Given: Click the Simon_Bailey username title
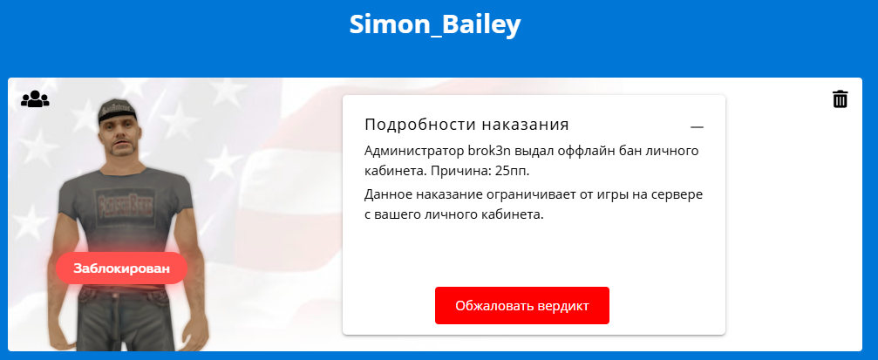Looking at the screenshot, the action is (435, 25).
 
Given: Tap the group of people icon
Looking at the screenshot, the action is (35, 99).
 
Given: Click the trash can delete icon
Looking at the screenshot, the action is (840, 98).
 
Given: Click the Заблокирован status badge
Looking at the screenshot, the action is (121, 268).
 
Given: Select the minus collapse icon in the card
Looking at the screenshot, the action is (697, 127).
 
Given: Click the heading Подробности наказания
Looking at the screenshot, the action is (466, 125).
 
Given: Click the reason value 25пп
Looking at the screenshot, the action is (512, 171).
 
